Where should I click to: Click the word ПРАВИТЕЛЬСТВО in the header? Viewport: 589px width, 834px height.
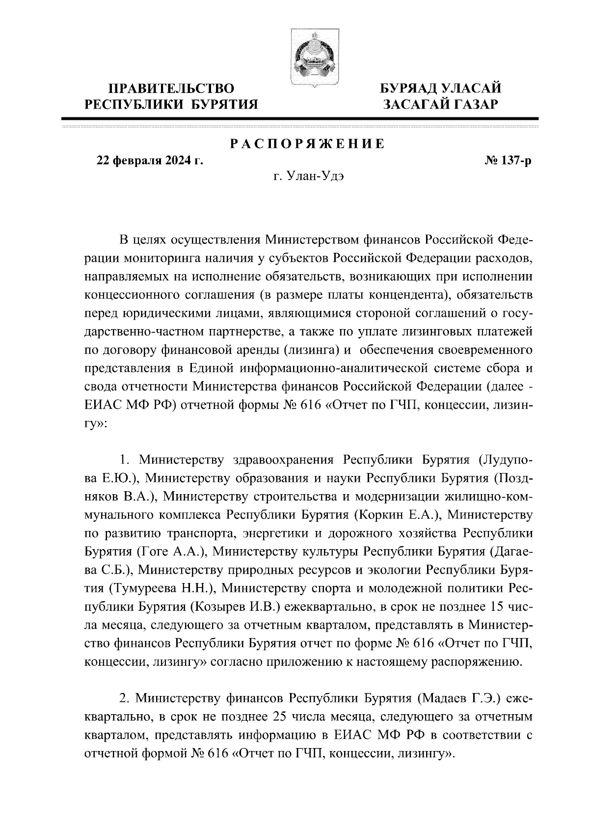tap(171, 89)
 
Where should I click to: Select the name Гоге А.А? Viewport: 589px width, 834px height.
tap(169, 551)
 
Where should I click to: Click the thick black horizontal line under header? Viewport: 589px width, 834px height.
tap(300, 118)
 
